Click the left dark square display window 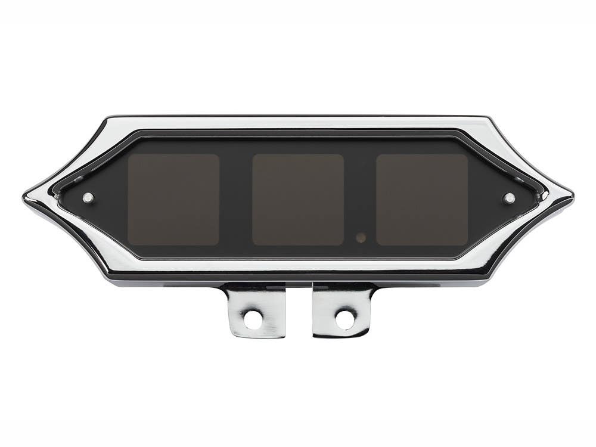tap(173, 199)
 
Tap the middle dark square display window tap(298, 199)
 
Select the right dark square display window tap(422, 199)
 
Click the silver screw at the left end tap(88, 198)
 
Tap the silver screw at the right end tap(508, 198)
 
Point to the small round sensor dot tap(361, 237)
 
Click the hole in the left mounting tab tap(252, 319)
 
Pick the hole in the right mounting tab tap(344, 319)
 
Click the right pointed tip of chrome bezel tap(572, 195)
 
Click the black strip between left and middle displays tap(236, 199)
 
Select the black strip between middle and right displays tap(360, 199)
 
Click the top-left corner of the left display tap(131, 157)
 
